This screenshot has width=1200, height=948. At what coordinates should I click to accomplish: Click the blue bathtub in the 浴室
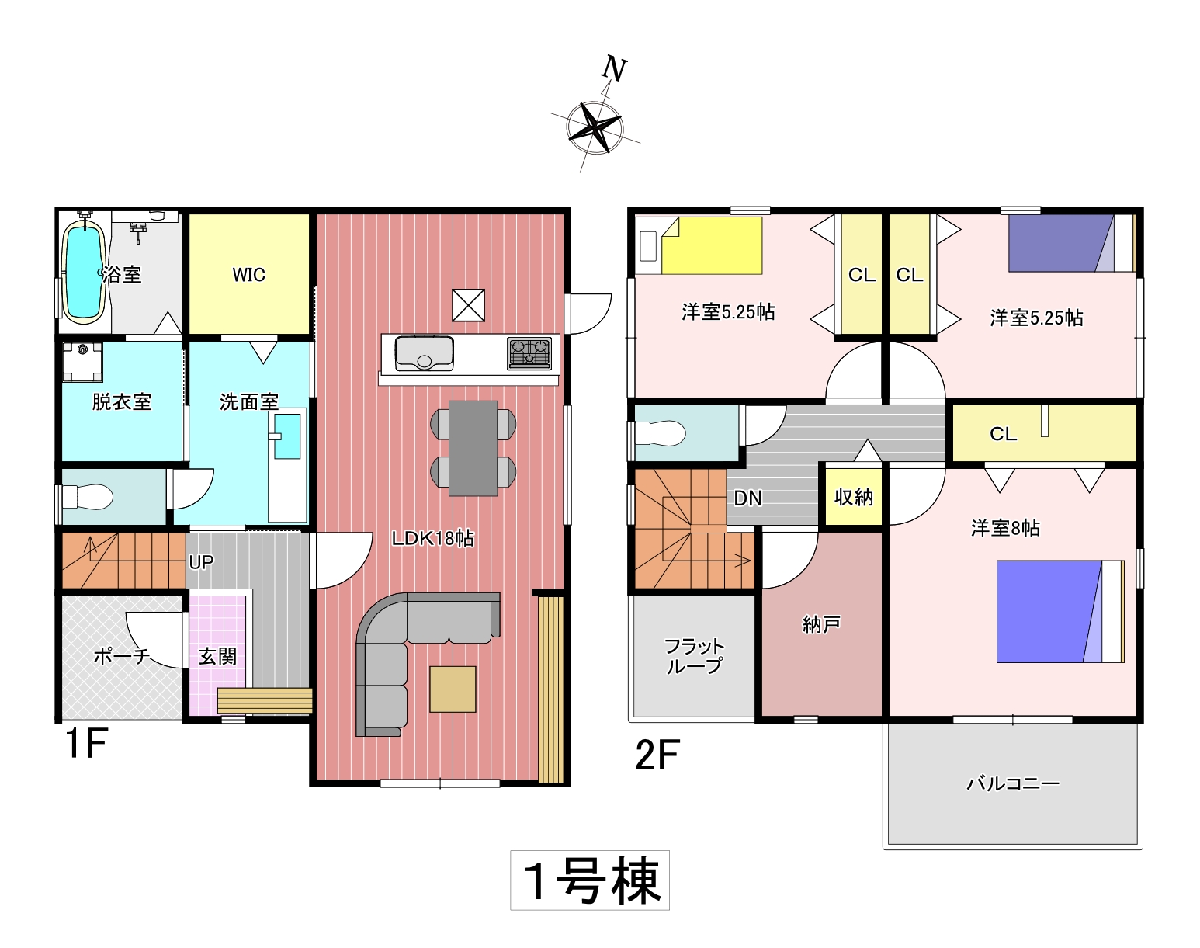coord(84,272)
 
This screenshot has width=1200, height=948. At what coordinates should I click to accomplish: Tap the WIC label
coord(248,275)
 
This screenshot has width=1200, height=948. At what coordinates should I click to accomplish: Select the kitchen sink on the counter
coord(424,354)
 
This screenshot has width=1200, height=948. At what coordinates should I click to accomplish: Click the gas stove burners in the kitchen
coord(529,353)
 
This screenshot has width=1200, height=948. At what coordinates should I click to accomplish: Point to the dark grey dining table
coord(473,448)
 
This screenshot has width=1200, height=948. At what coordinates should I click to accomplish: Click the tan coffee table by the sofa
coord(453,689)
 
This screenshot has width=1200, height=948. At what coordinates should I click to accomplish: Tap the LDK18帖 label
coord(432,539)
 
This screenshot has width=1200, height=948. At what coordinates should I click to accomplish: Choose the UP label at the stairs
coord(201,562)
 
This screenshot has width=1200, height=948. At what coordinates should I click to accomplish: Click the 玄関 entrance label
coord(217,657)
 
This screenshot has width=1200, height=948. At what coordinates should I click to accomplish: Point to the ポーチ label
coord(122,656)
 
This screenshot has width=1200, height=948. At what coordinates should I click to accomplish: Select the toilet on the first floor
coord(87,496)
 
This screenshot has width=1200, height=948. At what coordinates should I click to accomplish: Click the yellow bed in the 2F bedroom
coord(712,245)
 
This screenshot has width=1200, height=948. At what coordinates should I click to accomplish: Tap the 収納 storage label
coord(854,497)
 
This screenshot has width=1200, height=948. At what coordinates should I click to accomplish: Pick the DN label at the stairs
coord(747,498)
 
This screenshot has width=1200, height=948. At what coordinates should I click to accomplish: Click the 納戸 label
coord(820,625)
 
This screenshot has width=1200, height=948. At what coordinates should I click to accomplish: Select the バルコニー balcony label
coord(1013,784)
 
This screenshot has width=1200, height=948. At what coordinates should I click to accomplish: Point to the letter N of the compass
coord(614,68)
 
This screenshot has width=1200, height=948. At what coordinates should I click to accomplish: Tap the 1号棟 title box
coord(590,880)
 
